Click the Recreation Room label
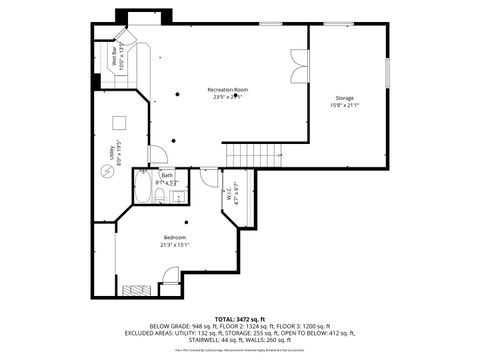tap(228, 90)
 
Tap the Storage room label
tap(344, 97)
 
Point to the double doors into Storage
tap(297, 66)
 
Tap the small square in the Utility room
tap(118, 123)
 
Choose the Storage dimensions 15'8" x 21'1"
tap(344, 104)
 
